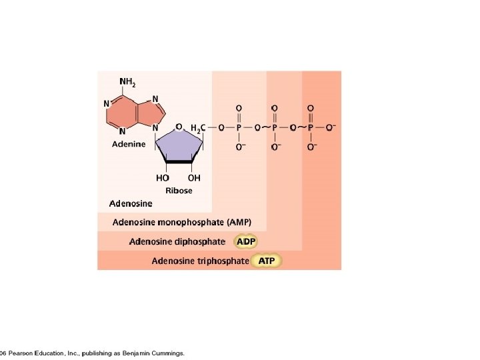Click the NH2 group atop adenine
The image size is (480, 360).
pyautogui.click(x=127, y=83)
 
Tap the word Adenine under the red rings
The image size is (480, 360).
pyautogui.click(x=128, y=145)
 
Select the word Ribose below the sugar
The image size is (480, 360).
pyautogui.click(x=179, y=191)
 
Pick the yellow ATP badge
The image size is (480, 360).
pyautogui.click(x=267, y=261)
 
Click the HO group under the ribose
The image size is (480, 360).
pyautogui.click(x=163, y=178)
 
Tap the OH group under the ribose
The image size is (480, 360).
pyautogui.click(x=194, y=178)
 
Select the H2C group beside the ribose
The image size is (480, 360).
pyautogui.click(x=198, y=127)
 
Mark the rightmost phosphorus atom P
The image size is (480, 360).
pyautogui.click(x=311, y=127)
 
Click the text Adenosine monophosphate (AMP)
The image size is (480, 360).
pyautogui.click(x=182, y=222)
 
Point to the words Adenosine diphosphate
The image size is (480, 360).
pyautogui.click(x=177, y=241)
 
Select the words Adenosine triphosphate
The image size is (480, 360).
pyautogui.click(x=200, y=261)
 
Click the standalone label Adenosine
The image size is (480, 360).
pyautogui.click(x=131, y=203)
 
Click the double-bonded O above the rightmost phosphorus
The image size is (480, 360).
pyautogui.click(x=311, y=107)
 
